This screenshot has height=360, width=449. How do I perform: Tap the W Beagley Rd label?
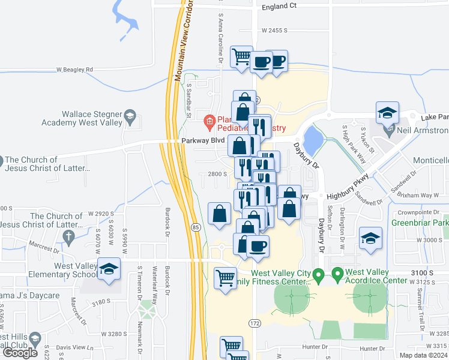pyautogui.click(x=75, y=70)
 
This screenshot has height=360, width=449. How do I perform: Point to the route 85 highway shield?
pyautogui.click(x=196, y=227)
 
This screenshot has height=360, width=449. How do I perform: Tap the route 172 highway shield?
pyautogui.click(x=254, y=323)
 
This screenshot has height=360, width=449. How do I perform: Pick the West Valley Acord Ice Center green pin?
pyautogui.click(x=337, y=275)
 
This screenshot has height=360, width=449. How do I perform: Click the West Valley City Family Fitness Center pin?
pyautogui.click(x=320, y=275)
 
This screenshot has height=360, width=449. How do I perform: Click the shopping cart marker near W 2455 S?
pyautogui.click(x=242, y=57)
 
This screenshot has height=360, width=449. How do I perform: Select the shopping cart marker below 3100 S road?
pyautogui.click(x=225, y=278)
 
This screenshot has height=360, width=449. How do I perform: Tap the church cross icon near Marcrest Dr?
pyautogui.click(x=69, y=235)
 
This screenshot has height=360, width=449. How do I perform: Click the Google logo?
pyautogui.click(x=20, y=353)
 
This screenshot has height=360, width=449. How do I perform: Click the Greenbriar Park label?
pyautogui.click(x=420, y=223)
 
